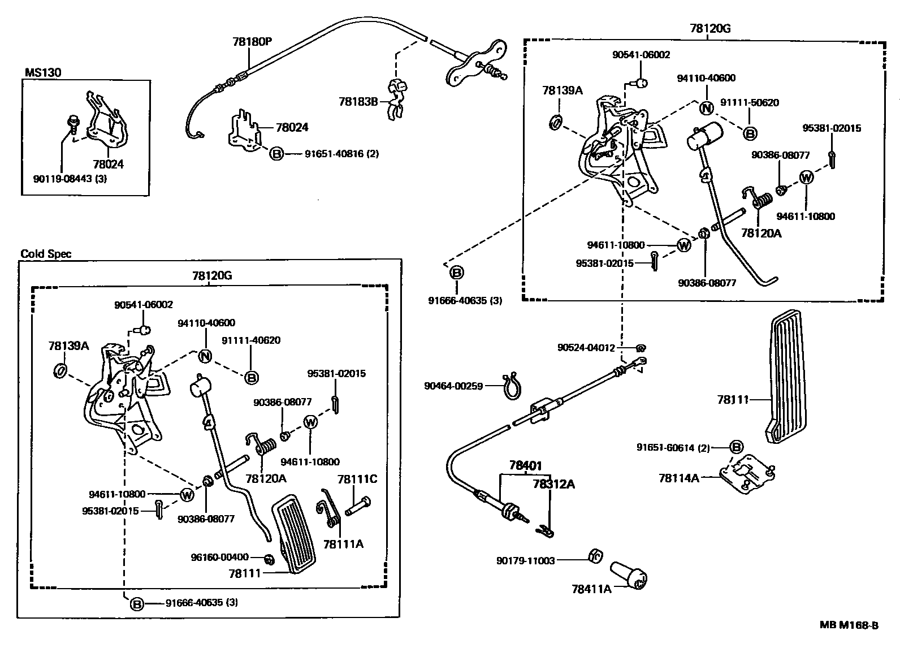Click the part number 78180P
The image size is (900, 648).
[252, 41]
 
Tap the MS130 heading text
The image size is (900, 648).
[43, 72]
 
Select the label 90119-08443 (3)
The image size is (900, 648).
[71, 179]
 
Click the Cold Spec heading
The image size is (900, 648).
[46, 254]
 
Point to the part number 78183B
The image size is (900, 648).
[358, 102]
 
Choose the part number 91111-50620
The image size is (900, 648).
[750, 103]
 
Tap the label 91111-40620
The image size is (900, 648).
[251, 340]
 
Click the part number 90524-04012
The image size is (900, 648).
[586, 348]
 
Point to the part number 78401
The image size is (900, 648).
[525, 466]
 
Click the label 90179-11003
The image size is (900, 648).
[526, 560]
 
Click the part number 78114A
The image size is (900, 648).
[679, 478]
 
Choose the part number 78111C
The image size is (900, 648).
[357, 479]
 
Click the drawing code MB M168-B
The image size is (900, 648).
[850, 625]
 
